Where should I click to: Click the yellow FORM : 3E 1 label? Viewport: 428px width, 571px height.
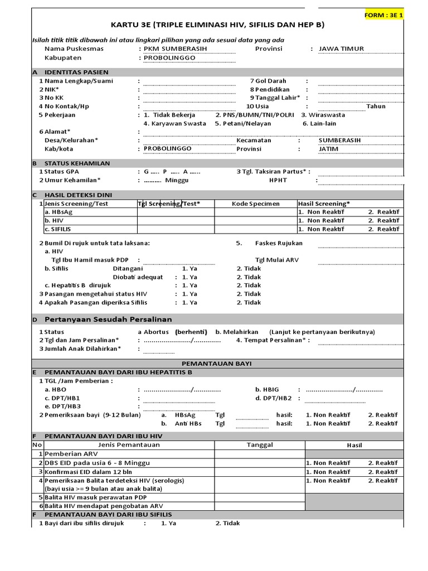[383, 15]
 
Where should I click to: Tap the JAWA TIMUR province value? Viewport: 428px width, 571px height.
[341, 49]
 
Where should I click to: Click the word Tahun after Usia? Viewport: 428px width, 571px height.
[376, 106]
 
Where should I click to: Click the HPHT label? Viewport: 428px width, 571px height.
[278, 180]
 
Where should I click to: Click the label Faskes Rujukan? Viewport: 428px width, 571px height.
[279, 243]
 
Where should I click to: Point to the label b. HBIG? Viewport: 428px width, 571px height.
[266, 390]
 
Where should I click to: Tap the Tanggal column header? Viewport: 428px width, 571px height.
[260, 444]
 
